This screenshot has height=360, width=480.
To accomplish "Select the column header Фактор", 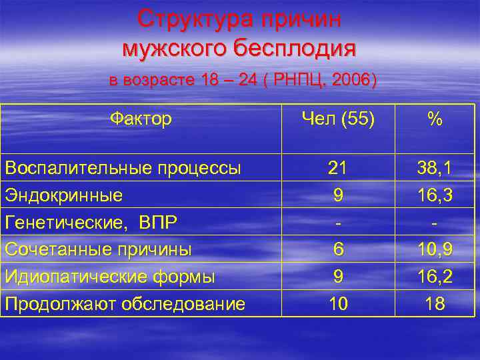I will [141, 119].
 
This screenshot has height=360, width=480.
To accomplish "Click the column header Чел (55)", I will [338, 119].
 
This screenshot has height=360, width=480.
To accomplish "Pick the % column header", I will [435, 119].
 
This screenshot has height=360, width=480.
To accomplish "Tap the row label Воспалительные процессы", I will [123, 169].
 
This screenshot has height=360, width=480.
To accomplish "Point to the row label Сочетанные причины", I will [98, 249].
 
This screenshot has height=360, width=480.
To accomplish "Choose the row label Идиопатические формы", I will [110, 277].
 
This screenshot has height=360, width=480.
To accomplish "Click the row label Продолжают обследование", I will [125, 304].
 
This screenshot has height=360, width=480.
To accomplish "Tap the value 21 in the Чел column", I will [337, 169].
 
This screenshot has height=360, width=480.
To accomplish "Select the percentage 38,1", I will [435, 169].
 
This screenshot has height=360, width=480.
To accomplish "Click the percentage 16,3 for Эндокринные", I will [435, 195].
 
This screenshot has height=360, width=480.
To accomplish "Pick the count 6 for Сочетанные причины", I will [338, 249].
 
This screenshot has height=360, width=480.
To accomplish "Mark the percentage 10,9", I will [435, 249].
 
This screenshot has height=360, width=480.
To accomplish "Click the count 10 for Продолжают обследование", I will [338, 304].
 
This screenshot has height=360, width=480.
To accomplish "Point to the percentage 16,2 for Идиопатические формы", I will [435, 277].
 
